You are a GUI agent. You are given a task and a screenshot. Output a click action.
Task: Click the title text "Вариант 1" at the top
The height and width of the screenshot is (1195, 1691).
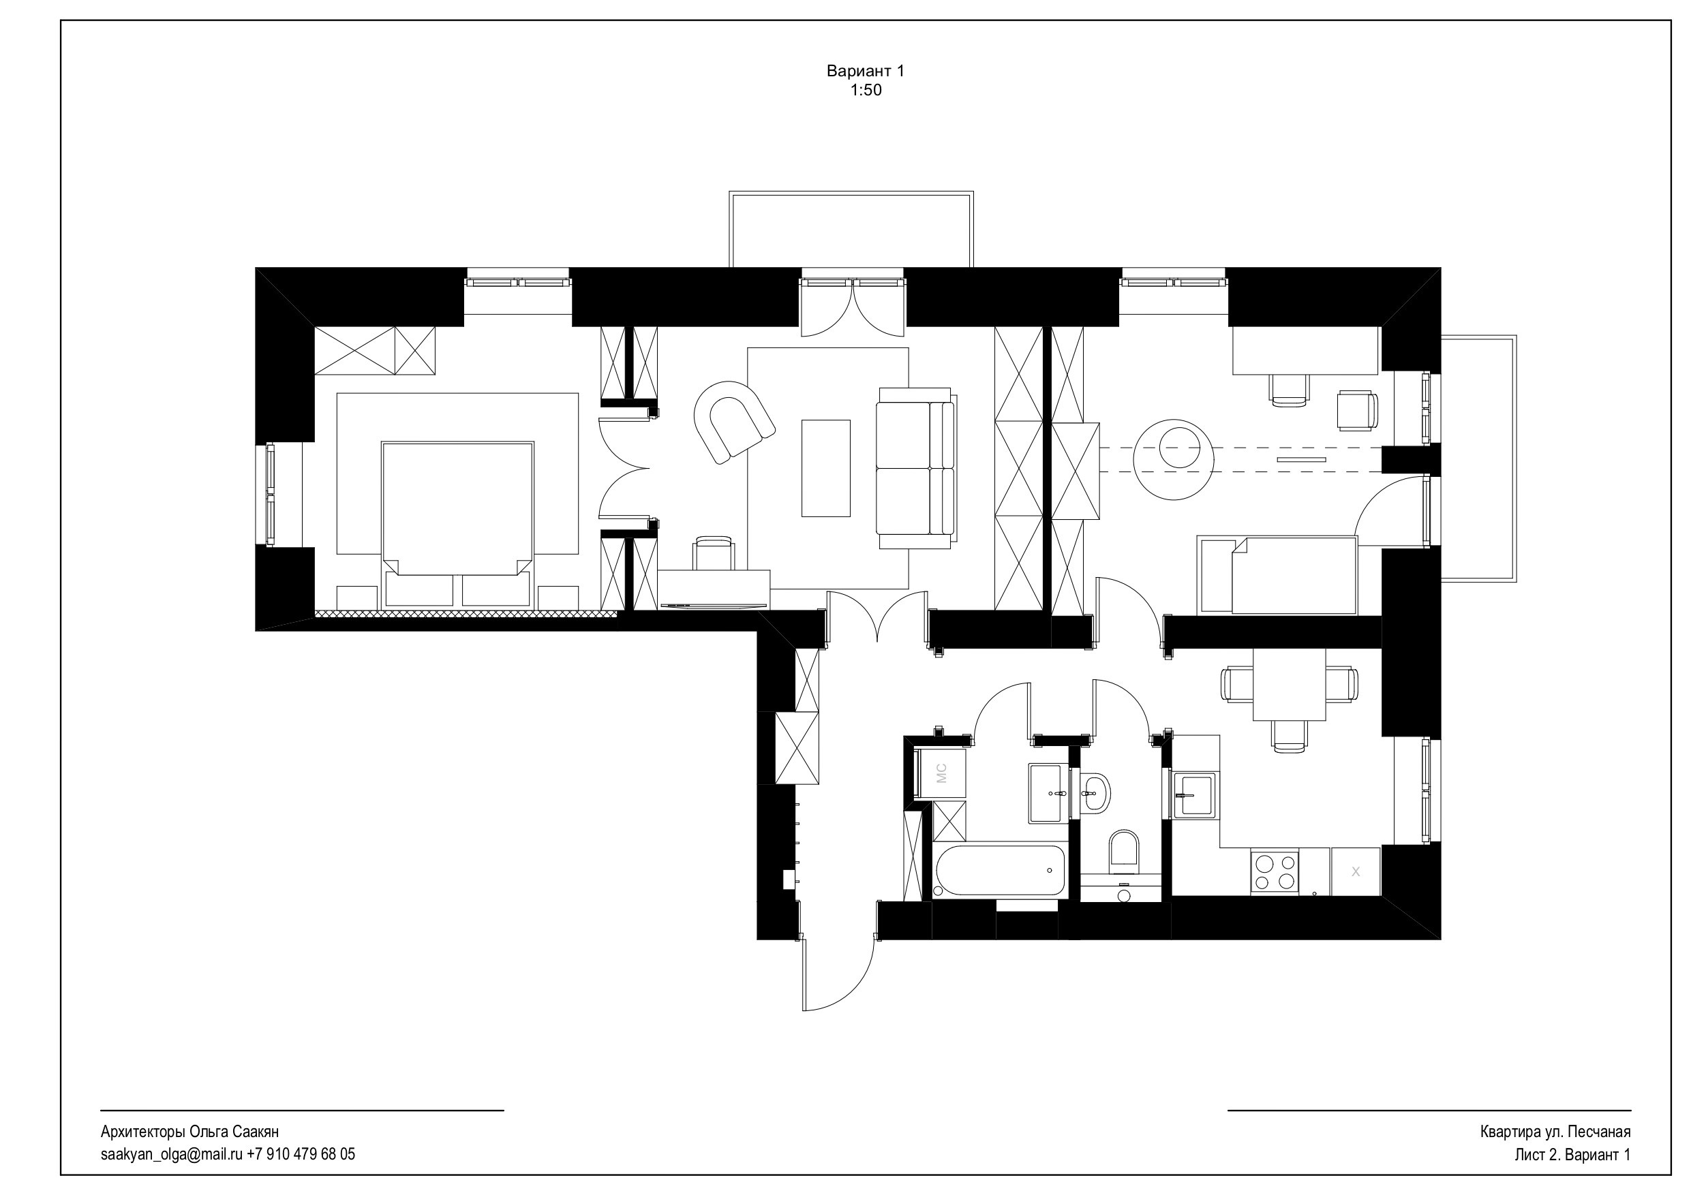866,72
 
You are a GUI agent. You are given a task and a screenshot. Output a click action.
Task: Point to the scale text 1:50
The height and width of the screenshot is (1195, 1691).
866,91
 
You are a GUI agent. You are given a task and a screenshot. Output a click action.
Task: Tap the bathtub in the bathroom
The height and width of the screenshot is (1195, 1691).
999,871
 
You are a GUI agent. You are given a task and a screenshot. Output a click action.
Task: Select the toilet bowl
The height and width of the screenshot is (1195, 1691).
1123,851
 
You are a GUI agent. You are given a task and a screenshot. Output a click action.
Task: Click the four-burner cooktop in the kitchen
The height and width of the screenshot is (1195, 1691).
1275,872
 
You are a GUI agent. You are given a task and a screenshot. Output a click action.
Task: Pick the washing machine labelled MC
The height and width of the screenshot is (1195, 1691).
939,773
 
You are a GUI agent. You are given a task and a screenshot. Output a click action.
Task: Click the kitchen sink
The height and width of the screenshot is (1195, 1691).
1195,795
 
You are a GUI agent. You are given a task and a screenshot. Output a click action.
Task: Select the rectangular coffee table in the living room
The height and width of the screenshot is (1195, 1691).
825,468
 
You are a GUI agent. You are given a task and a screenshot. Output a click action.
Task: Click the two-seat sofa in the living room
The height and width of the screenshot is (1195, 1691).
915,467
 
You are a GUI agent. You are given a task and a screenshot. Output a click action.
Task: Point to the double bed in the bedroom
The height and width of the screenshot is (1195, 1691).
457,523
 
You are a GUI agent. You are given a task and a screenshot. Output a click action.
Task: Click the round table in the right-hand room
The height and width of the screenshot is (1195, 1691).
1172,459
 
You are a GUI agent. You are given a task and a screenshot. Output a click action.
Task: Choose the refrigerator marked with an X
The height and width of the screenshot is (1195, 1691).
1355,872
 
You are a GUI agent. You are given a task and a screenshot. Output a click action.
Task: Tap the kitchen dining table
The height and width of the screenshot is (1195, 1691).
1289,685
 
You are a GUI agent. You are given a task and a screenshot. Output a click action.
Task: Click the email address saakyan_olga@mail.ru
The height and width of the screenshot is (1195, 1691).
172,1153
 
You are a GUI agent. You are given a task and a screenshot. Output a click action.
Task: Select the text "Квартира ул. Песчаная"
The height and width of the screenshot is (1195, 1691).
1555,1132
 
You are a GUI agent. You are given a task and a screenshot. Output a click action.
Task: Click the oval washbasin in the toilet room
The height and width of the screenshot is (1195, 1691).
1096,793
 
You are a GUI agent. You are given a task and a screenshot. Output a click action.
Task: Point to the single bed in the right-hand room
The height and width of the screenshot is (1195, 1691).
1278,575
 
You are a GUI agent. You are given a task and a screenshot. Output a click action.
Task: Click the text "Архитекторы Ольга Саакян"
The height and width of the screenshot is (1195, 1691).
189,1132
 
